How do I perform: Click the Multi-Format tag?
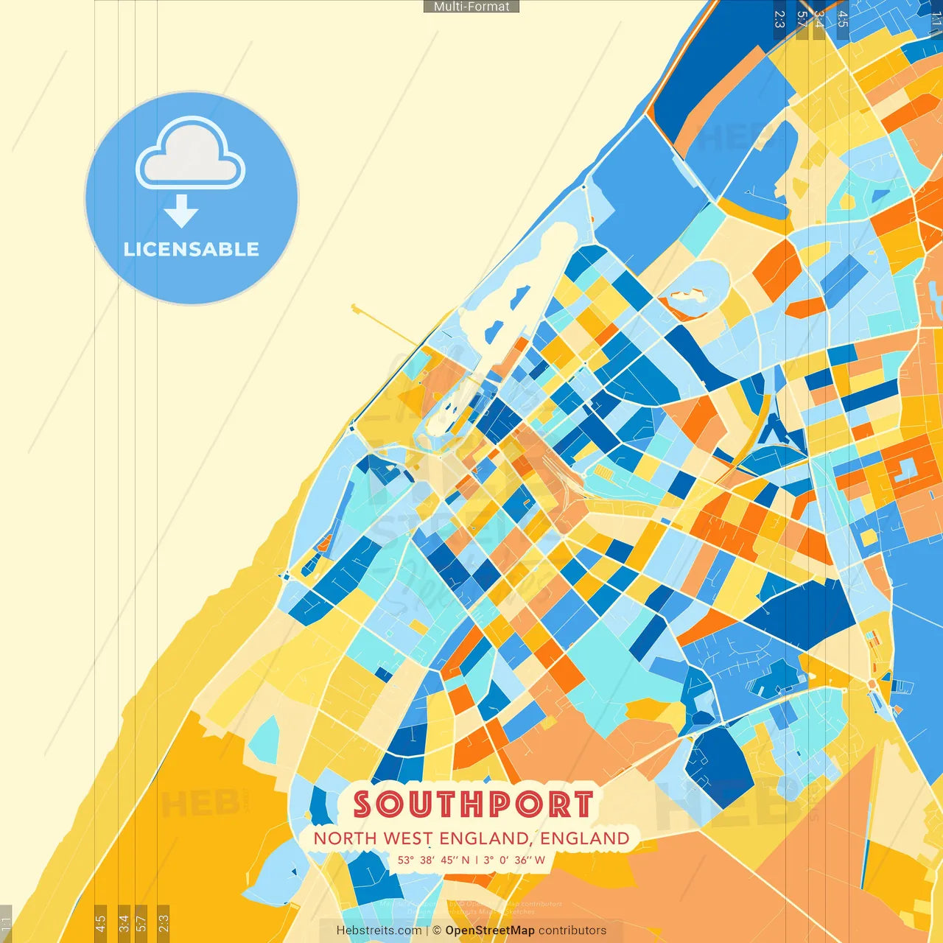click(471, 7)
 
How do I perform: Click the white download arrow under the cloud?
click(181, 211)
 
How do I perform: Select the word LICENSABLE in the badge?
click(192, 250)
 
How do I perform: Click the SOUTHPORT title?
click(473, 804)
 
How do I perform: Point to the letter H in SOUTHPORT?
click(475, 804)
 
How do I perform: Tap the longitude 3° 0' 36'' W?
click(514, 860)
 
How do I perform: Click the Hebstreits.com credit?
click(379, 930)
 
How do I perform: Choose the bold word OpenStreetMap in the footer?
click(490, 930)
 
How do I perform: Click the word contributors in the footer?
click(572, 930)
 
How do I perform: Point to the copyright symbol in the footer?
click(437, 930)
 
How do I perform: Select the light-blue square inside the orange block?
click(905, 469)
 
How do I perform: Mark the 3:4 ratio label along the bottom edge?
click(124, 922)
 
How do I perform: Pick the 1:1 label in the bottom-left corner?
click(6, 922)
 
